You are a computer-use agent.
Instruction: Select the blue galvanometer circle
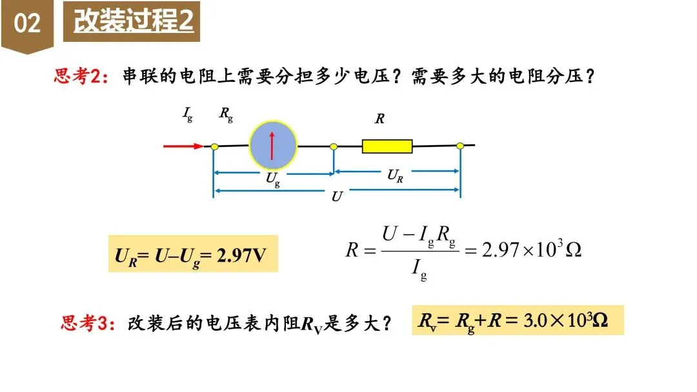(x=273, y=146)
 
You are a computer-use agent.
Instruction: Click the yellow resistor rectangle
(x=387, y=146)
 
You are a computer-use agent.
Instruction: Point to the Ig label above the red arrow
(x=187, y=115)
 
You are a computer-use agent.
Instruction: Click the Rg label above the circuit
(x=226, y=115)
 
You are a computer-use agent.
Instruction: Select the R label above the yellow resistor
(x=379, y=119)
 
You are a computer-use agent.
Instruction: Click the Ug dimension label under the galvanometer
(x=273, y=180)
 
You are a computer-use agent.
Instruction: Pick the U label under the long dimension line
(x=336, y=197)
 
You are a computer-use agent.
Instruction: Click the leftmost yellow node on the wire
(x=214, y=147)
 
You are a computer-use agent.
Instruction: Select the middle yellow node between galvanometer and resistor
(x=334, y=147)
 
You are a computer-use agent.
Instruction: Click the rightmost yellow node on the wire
(x=460, y=146)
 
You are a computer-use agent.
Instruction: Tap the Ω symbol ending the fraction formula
(x=573, y=250)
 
